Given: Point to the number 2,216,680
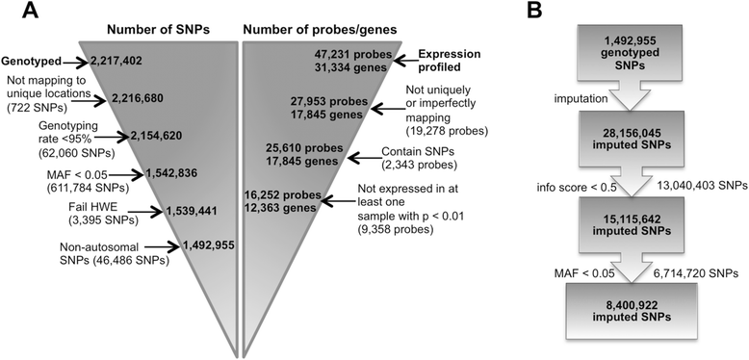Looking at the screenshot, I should point(142,97).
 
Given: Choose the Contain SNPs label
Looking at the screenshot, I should point(415,151).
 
